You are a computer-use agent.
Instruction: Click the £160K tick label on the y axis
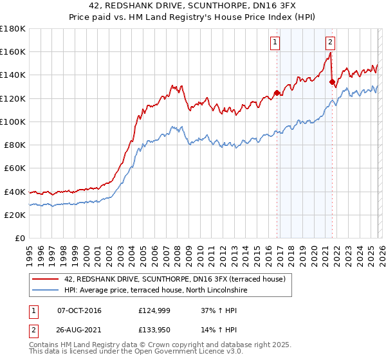tap(13, 51)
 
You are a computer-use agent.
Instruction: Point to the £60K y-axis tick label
tap(15, 168)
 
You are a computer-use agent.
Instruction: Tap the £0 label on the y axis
tap(20, 238)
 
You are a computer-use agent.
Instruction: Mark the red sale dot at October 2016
tap(277, 93)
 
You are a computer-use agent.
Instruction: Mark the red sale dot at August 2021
tap(332, 82)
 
